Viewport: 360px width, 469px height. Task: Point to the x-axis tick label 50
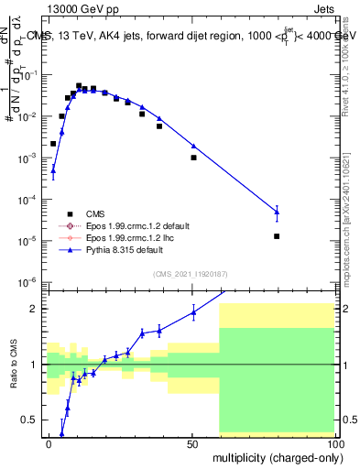click(x=191, y=442)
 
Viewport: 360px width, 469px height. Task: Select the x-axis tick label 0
click(x=48, y=442)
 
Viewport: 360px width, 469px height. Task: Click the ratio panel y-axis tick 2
click(x=33, y=309)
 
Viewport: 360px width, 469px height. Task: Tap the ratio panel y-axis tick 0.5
click(x=29, y=420)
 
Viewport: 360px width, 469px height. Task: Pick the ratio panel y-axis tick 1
click(x=33, y=365)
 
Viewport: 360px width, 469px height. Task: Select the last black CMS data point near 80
click(x=277, y=236)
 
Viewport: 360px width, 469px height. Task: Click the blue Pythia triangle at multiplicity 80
click(x=277, y=212)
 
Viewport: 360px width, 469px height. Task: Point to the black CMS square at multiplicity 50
click(x=193, y=158)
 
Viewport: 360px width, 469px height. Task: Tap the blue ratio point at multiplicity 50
click(x=193, y=312)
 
